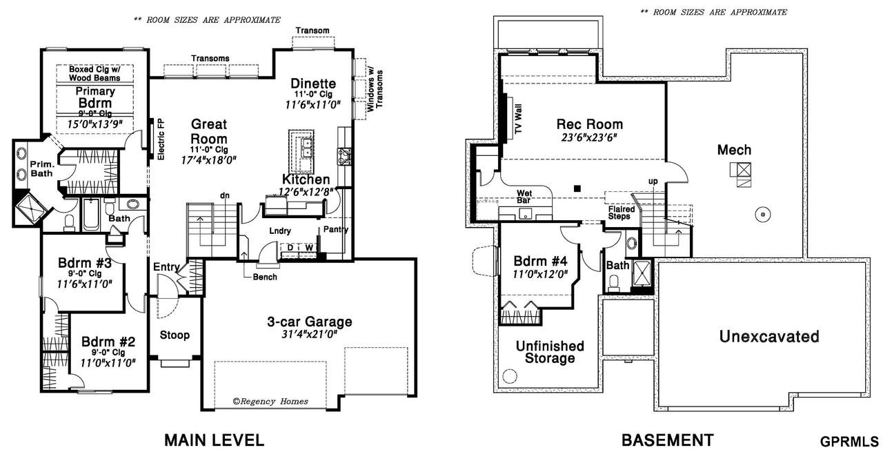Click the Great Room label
click(209, 132)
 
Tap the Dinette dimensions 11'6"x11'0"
click(313, 104)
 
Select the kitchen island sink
click(306, 147)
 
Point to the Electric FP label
click(161, 139)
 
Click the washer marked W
click(310, 248)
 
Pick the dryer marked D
click(290, 248)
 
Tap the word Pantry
click(336, 229)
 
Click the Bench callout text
click(265, 277)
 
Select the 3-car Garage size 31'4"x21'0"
click(310, 335)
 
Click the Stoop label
click(175, 335)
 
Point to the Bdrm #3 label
click(85, 263)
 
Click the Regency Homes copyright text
click(270, 402)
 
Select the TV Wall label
click(518, 119)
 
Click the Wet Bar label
click(524, 197)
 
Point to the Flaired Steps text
click(622, 212)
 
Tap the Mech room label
click(734, 150)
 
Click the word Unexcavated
click(769, 336)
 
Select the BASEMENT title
click(667, 440)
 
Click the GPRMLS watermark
click(849, 442)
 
